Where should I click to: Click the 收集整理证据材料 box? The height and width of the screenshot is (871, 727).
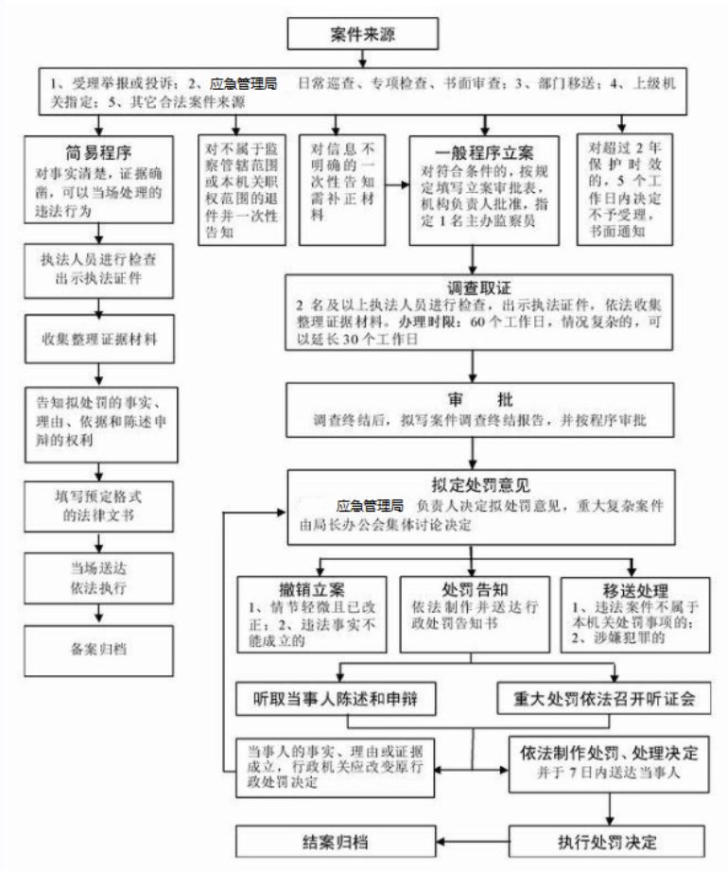tap(99, 338)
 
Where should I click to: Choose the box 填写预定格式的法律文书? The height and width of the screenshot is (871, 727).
tap(97, 504)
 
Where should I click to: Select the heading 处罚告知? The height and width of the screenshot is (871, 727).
tap(477, 588)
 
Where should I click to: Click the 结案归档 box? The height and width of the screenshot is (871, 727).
tap(336, 841)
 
